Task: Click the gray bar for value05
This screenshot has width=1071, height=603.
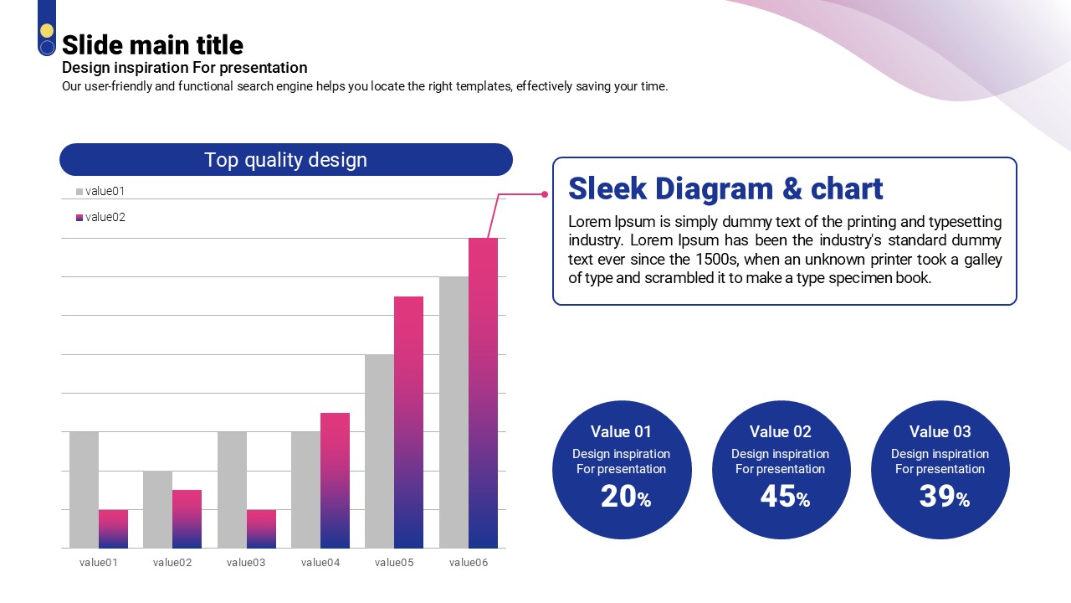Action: tap(380, 451)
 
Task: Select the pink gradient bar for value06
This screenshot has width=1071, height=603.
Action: tap(483, 393)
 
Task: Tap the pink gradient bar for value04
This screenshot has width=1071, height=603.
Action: tap(335, 480)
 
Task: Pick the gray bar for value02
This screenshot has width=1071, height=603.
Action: tap(158, 509)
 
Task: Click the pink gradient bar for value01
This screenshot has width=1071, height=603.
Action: tap(113, 528)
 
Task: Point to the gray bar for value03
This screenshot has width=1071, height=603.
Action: tap(233, 490)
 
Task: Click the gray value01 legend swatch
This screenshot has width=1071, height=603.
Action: tap(79, 192)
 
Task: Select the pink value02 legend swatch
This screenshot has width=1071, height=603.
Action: tap(79, 218)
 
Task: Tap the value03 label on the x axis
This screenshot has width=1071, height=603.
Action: tap(246, 562)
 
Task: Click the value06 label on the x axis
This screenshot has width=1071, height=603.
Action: tap(469, 562)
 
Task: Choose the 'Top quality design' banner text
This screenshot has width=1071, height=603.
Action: tap(286, 160)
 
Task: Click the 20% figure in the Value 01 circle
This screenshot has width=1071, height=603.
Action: tap(626, 497)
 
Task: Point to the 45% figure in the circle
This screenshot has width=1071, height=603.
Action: tap(785, 497)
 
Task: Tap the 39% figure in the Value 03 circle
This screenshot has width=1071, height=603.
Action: tap(945, 497)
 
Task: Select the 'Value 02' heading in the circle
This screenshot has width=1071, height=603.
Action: tap(781, 431)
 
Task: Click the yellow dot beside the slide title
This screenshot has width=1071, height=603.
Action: tap(47, 31)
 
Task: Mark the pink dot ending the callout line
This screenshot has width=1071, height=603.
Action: tap(545, 194)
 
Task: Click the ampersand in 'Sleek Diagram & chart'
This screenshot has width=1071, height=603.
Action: tap(792, 188)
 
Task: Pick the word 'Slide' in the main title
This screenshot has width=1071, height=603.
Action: tap(93, 45)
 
